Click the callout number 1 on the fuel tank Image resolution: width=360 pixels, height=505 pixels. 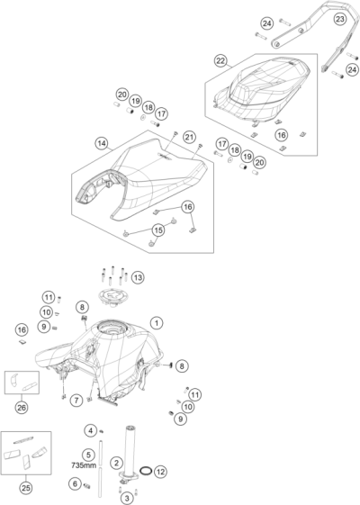pos(157,321)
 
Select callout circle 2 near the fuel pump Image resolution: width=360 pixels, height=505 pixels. pos(116,463)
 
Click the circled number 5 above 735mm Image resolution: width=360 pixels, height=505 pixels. pos(88,454)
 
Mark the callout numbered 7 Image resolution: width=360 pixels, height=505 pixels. pos(78,399)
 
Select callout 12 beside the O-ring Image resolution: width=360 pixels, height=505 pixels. pos(161,472)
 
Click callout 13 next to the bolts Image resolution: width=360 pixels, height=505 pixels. pos(138,276)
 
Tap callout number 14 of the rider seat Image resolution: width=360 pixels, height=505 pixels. pos(102,142)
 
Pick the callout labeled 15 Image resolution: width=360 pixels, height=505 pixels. pos(158,230)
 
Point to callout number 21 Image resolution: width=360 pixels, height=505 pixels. pos(189,136)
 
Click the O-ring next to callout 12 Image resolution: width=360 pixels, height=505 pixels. pos(144,471)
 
